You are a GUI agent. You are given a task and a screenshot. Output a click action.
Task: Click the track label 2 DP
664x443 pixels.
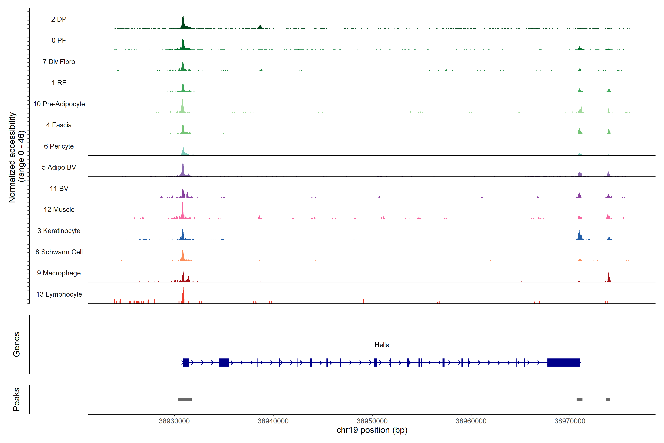click(59, 19)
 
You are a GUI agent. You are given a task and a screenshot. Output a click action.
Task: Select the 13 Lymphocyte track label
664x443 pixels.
click(59, 294)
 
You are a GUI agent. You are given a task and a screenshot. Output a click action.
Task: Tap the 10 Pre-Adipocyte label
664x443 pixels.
click(59, 104)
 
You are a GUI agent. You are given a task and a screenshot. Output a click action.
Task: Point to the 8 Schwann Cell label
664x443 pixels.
click(59, 252)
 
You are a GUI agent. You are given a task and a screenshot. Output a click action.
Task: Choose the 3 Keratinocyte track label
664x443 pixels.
click(59, 231)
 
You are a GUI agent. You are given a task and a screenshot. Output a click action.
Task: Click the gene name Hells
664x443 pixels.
click(382, 345)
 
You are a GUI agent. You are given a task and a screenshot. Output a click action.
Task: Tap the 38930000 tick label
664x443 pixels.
click(174, 421)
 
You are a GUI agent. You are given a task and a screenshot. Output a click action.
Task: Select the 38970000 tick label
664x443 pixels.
click(570, 421)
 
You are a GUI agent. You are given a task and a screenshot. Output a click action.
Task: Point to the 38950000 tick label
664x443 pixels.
click(372, 421)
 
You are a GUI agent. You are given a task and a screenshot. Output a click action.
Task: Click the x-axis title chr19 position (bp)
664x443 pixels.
click(372, 430)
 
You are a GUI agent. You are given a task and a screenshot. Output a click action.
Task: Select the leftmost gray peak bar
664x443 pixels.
click(185, 399)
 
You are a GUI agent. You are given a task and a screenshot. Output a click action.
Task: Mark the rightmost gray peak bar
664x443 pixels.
click(608, 399)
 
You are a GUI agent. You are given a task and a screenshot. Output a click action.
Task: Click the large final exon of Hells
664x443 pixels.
click(564, 363)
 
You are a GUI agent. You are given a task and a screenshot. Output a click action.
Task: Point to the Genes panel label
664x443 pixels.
click(16, 344)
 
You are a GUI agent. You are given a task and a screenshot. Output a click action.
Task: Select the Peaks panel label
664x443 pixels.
click(16, 399)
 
